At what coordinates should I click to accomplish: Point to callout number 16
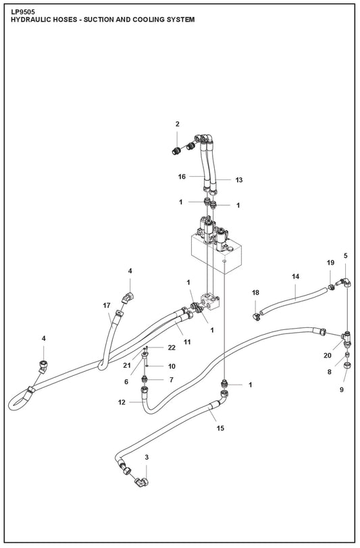pyautogui.click(x=182, y=177)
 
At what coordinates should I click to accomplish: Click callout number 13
pyautogui.click(x=238, y=180)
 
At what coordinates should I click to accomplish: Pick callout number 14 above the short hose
pyautogui.click(x=295, y=277)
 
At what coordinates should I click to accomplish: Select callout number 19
pyautogui.click(x=330, y=263)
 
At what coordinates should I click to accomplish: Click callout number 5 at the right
pyautogui.click(x=345, y=256)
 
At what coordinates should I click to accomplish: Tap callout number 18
pyautogui.click(x=255, y=293)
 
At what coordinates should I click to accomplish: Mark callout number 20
pyautogui.click(x=328, y=356)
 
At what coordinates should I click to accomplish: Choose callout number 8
pyautogui.click(x=329, y=371)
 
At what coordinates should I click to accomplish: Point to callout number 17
pyautogui.click(x=106, y=306)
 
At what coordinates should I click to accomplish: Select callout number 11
pyautogui.click(x=187, y=342)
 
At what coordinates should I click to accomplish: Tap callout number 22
pyautogui.click(x=172, y=348)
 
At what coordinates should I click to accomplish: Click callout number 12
pyautogui.click(x=122, y=403)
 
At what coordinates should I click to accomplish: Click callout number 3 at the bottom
pyautogui.click(x=147, y=458)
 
